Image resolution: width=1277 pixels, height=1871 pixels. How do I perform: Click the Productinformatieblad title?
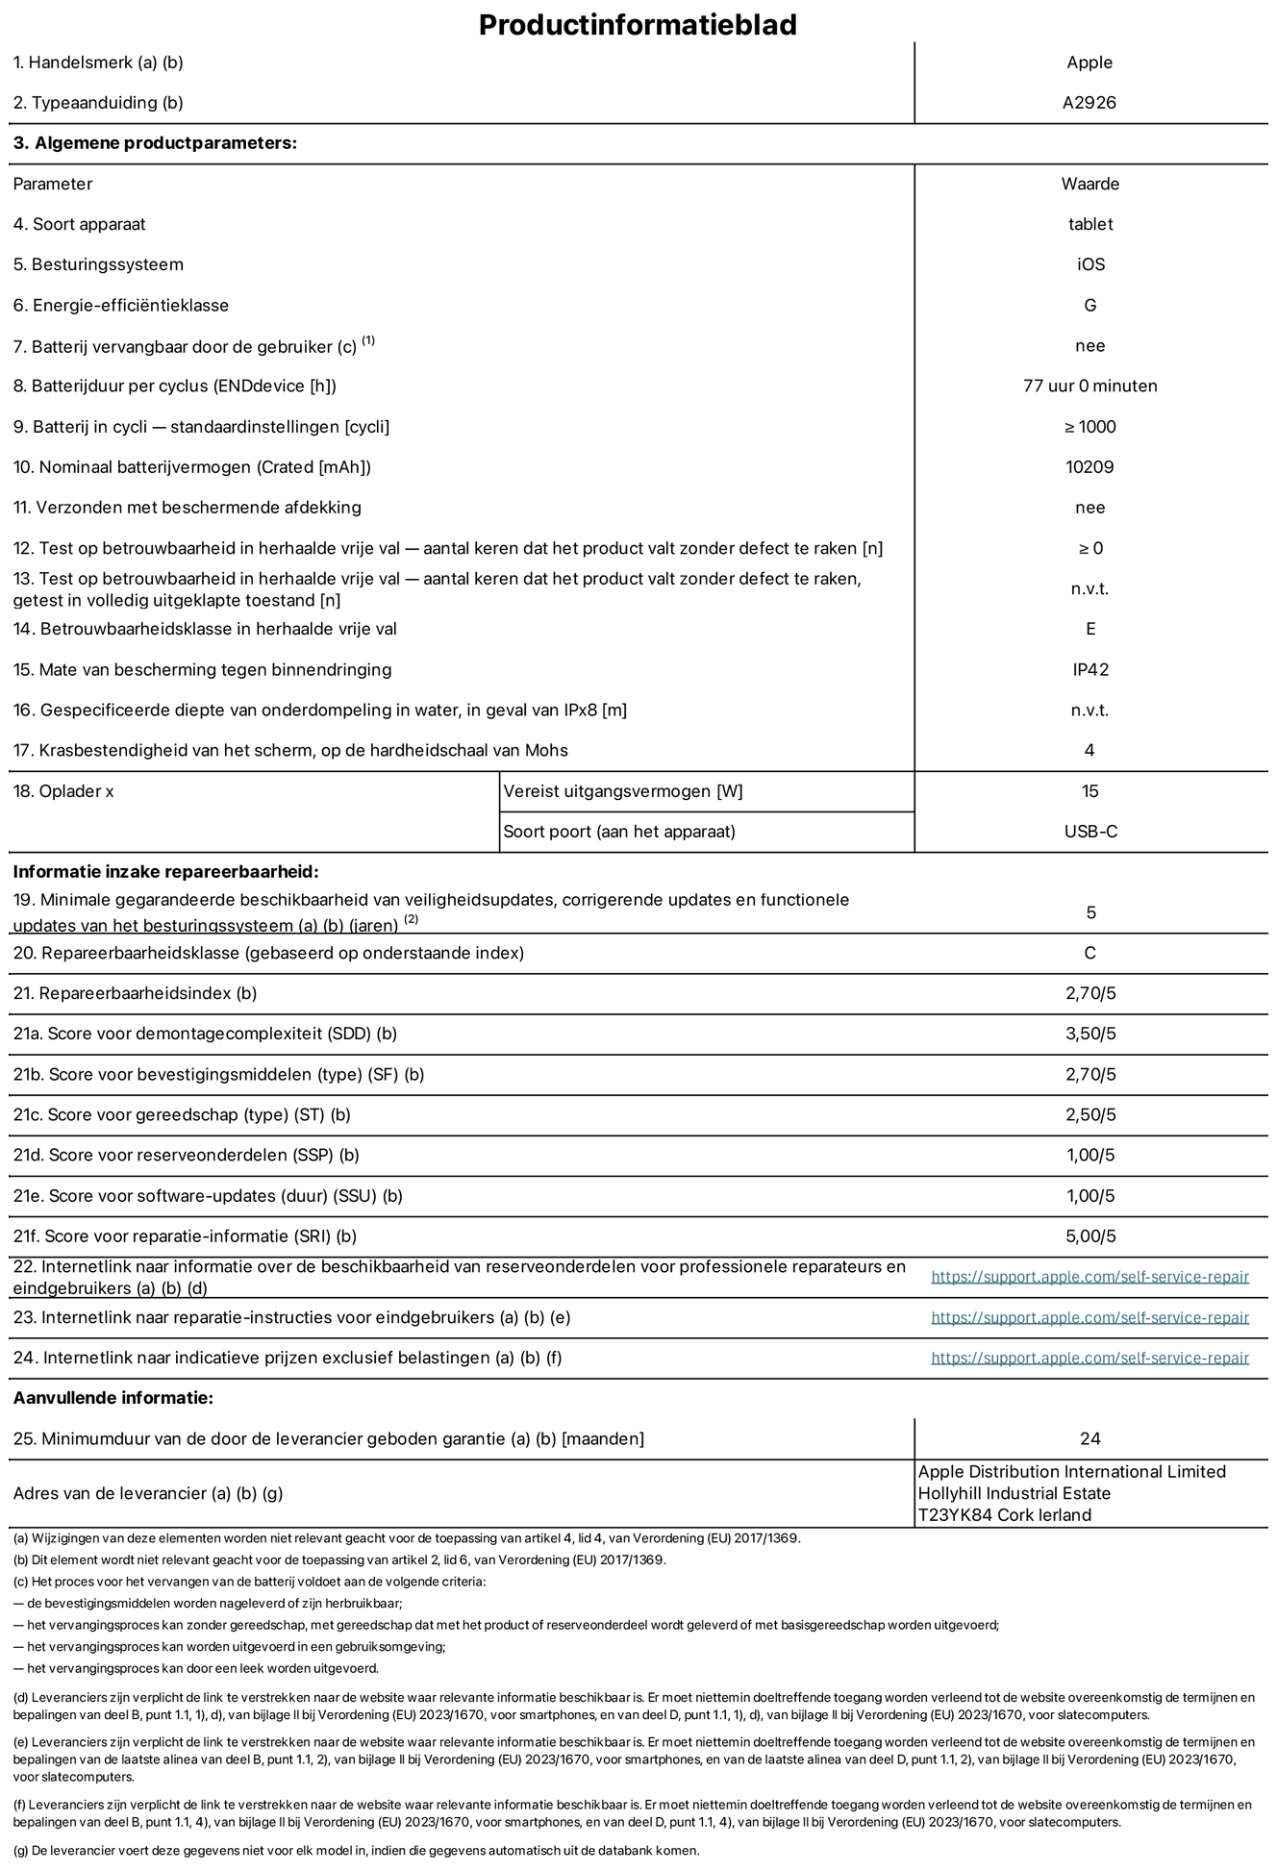click(638, 24)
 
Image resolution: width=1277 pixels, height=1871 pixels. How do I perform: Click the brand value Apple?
click(1089, 62)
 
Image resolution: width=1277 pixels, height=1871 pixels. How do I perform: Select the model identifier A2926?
click(1089, 103)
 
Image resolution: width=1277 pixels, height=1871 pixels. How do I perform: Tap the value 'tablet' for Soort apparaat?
click(1089, 224)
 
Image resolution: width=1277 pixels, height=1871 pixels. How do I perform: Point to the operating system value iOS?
click(1090, 264)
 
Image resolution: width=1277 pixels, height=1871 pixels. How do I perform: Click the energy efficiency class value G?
click(1089, 306)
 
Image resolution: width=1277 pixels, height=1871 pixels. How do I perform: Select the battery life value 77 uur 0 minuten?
click(1089, 387)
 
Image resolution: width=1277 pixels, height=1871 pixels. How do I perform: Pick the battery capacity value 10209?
click(1089, 467)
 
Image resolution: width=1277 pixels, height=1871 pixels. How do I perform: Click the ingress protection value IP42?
click(1089, 670)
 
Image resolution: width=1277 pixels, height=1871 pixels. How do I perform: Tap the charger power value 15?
click(1089, 791)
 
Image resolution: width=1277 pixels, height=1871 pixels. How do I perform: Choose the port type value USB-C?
click(1089, 832)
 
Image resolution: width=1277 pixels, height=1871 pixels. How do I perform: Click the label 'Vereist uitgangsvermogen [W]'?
click(623, 791)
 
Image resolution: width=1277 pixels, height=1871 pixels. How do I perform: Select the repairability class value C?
click(1089, 954)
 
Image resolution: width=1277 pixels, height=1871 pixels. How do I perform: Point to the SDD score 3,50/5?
click(1089, 1035)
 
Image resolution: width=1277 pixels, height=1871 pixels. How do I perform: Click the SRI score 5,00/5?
click(1089, 1236)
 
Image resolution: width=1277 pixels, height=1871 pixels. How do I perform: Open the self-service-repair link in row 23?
click(1089, 1318)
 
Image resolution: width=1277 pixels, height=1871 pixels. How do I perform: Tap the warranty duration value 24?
click(1089, 1439)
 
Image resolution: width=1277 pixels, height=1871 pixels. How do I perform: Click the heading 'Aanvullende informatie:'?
click(113, 1398)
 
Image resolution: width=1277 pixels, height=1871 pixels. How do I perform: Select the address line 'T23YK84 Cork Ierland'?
click(1005, 1515)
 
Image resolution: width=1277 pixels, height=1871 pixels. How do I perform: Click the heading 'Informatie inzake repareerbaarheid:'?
click(165, 873)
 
